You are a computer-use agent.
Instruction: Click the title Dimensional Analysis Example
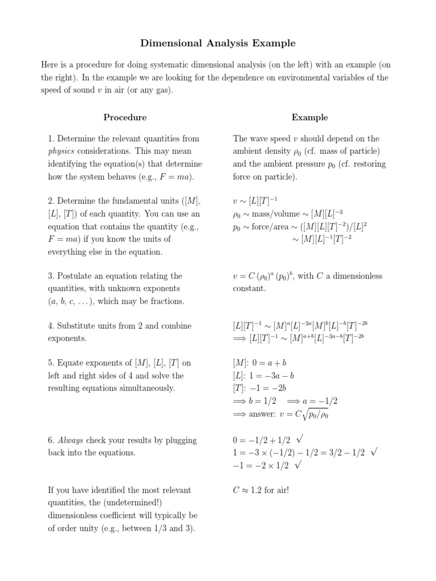coord(218,43)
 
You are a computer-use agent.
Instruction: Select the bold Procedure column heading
coord(125,117)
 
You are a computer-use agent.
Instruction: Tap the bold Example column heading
coord(309,117)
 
